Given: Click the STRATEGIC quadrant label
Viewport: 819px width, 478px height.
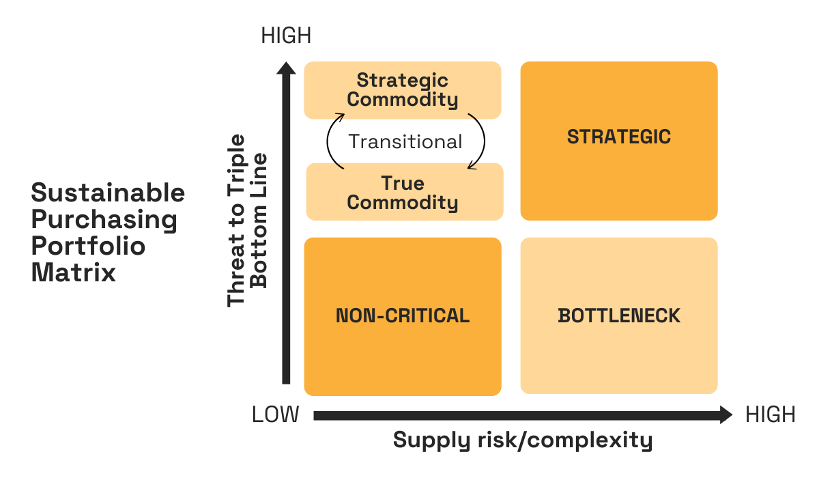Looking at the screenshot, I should [619, 137].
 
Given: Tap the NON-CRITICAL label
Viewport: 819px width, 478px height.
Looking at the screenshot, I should [403, 315].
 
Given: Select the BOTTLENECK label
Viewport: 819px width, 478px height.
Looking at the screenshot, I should [619, 315].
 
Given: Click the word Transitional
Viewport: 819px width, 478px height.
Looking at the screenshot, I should [405, 141].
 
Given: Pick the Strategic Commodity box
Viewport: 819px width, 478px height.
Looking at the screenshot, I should [403, 89].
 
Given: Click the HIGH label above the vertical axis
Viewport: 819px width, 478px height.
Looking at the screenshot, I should [286, 36].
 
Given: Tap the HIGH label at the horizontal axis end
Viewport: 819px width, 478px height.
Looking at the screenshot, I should [771, 414].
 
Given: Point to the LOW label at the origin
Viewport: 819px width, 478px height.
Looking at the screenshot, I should [276, 414].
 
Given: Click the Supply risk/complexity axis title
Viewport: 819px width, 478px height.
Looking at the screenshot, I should [523, 440].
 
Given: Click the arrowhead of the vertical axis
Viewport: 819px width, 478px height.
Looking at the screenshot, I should [287, 68].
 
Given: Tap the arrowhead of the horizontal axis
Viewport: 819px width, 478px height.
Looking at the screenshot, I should [725, 414].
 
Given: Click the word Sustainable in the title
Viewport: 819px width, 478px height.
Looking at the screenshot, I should [108, 193].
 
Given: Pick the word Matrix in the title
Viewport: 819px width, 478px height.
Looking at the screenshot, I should [73, 272].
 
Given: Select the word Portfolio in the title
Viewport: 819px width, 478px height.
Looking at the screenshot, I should [88, 246].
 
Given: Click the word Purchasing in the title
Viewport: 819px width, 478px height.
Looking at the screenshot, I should [104, 220].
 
